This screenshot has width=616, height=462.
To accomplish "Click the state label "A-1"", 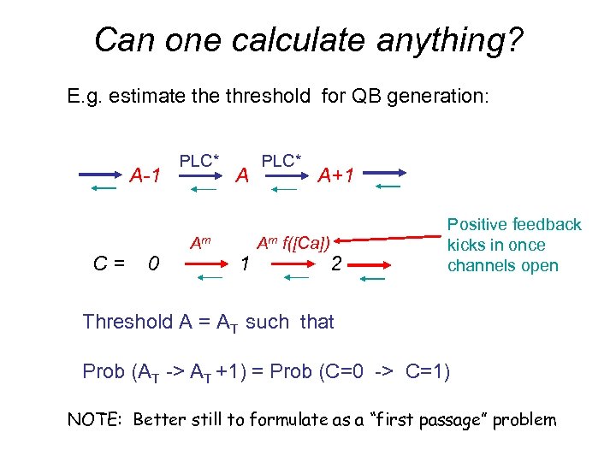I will pos(145,176).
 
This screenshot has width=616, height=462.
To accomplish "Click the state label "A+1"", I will pos(335,176).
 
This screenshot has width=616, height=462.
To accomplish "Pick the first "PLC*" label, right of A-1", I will pos(198,160).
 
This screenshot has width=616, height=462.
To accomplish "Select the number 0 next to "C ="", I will pos(152,265).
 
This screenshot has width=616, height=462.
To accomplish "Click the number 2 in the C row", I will pos(337,265).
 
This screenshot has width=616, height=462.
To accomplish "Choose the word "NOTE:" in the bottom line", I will pos(95,419).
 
